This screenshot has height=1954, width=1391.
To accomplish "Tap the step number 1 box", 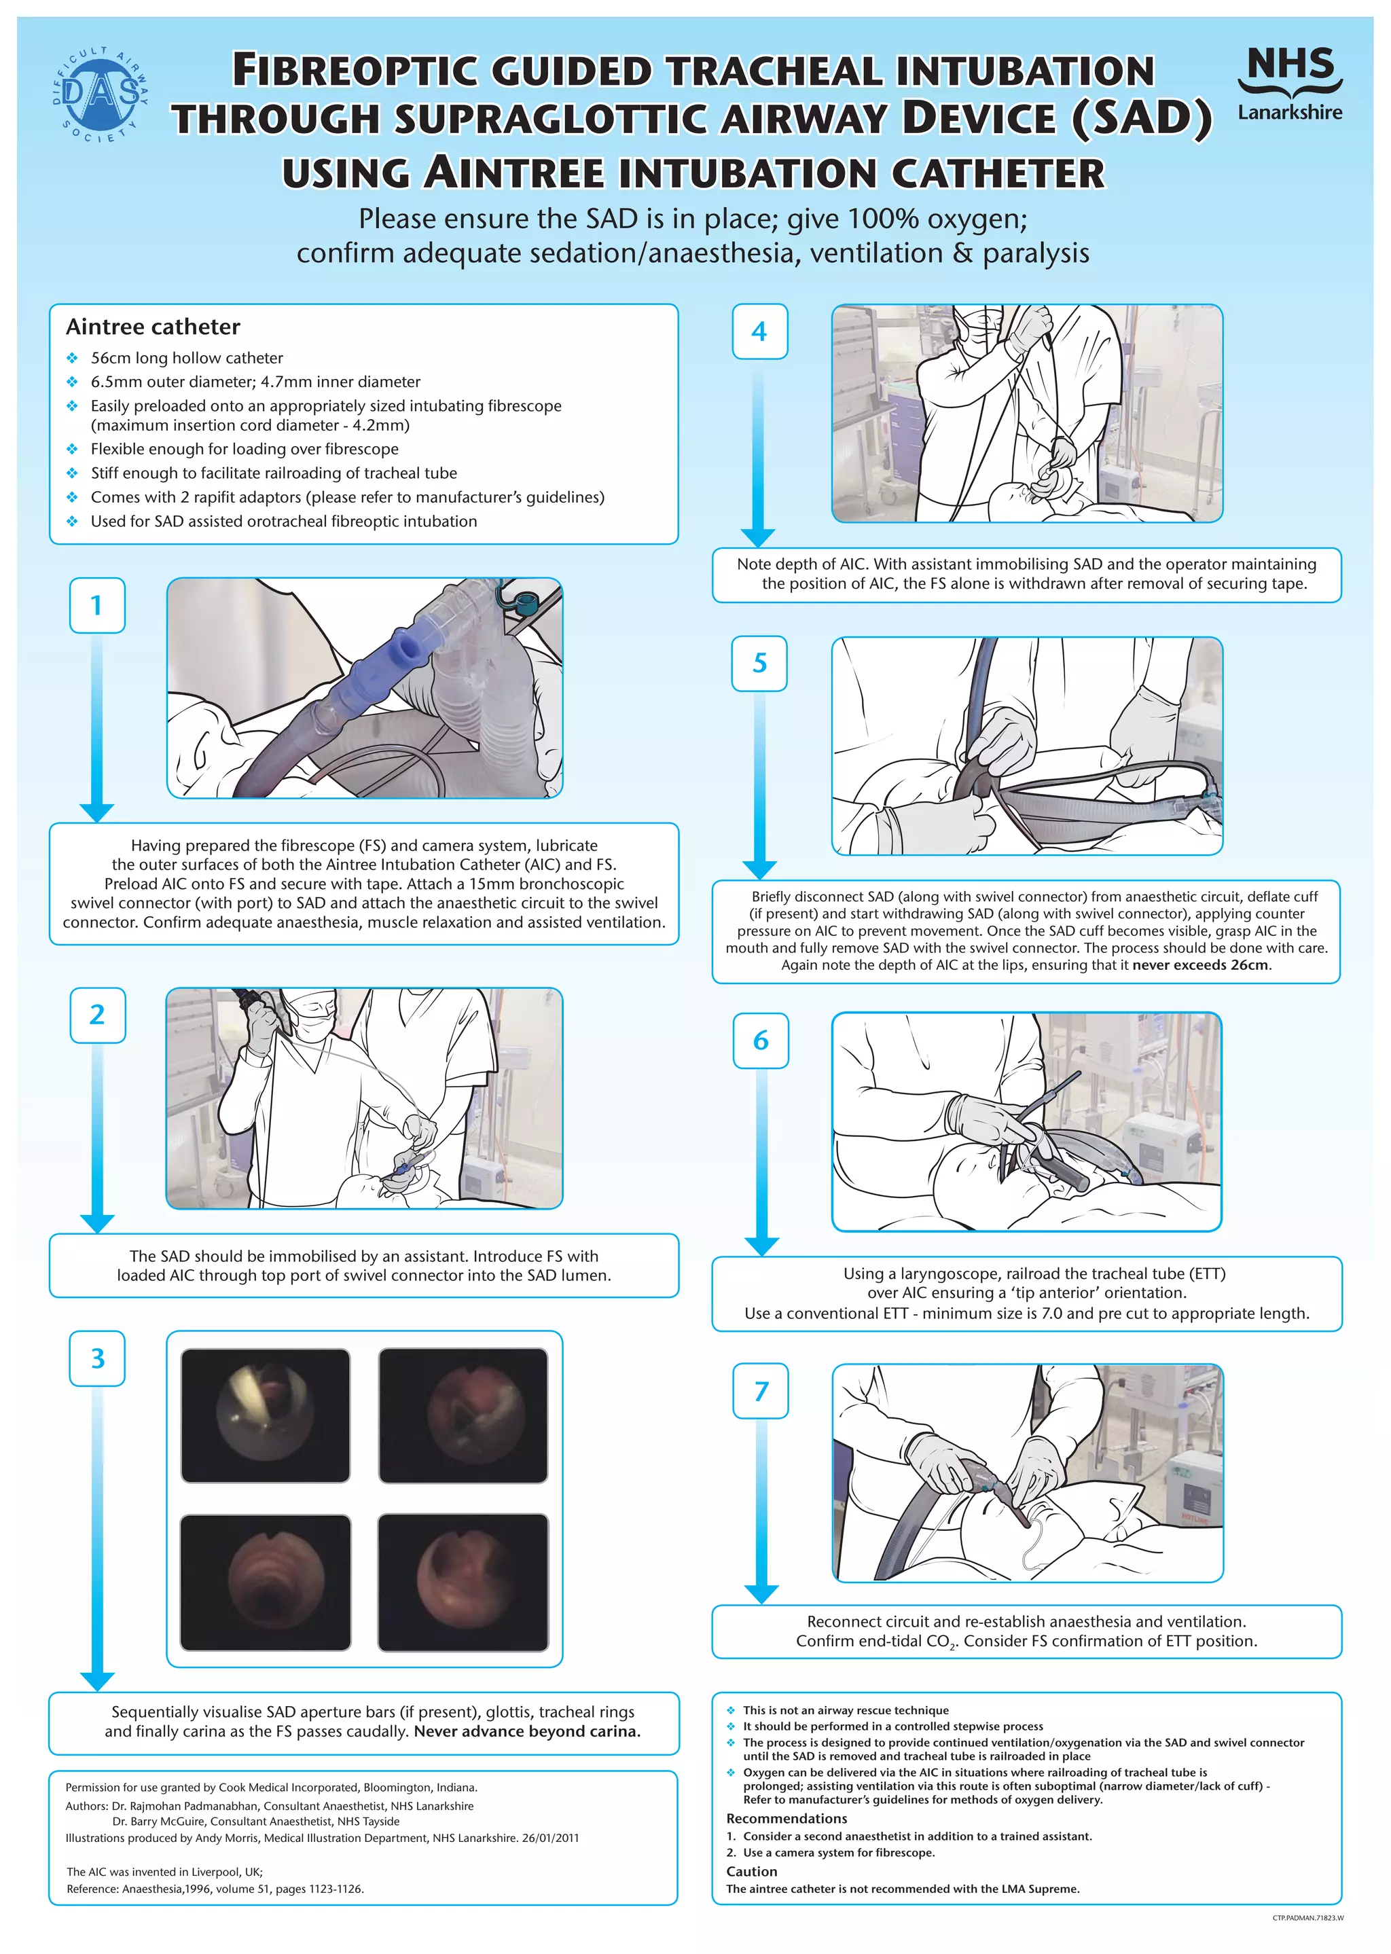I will [x=97, y=605].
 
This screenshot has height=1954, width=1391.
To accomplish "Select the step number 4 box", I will [x=759, y=331].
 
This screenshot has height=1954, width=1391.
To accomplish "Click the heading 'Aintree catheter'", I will [x=152, y=327].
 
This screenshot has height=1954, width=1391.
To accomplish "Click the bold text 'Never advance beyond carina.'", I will [x=527, y=1731].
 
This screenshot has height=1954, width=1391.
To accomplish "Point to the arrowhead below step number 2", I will [x=97, y=1222].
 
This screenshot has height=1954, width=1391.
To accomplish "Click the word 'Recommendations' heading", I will [x=787, y=1818].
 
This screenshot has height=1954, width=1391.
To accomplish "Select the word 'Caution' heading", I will [x=751, y=1871].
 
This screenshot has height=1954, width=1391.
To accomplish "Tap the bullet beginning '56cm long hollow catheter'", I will [x=187, y=358].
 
